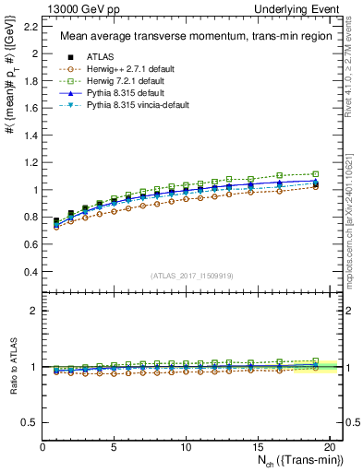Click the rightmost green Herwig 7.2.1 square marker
click(x=316, y=174)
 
